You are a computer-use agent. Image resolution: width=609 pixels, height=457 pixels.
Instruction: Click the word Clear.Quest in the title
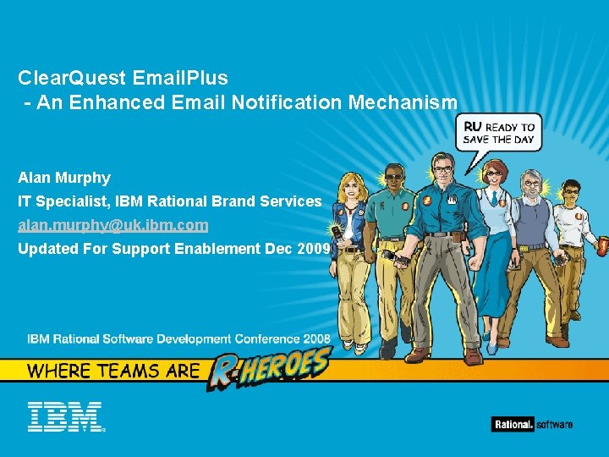pos(71,78)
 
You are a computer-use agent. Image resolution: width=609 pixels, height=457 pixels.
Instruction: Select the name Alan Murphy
pos(64,179)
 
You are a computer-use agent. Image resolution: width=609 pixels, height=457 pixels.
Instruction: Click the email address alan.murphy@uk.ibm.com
pos(112,226)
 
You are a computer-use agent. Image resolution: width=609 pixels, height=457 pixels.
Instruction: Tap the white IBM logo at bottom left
pos(64,416)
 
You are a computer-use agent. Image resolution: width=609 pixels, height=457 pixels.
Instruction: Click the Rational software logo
pos(532,424)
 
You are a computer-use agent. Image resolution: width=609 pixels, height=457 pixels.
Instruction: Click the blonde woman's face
pos(350,185)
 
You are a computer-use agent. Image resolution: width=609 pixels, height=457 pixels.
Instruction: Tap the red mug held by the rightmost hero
pos(603,246)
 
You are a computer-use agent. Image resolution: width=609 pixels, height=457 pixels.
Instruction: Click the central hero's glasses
pos(441,169)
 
